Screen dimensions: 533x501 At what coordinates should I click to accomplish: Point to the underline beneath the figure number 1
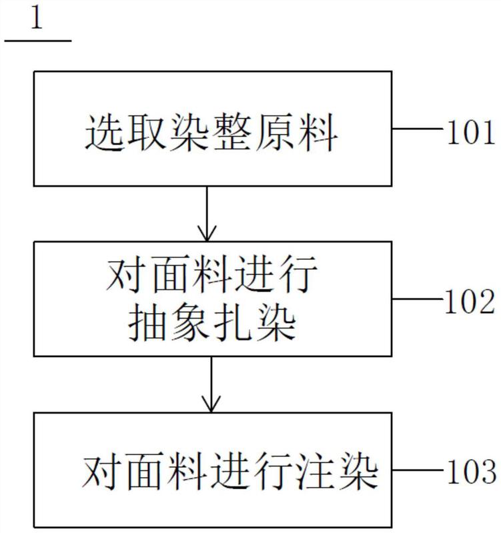click(x=38, y=41)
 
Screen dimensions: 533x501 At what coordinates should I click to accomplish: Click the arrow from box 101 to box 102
click(x=207, y=213)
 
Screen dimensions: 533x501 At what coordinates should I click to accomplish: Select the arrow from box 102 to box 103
click(x=211, y=384)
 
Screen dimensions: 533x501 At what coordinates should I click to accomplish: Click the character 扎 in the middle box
click(x=233, y=325)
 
